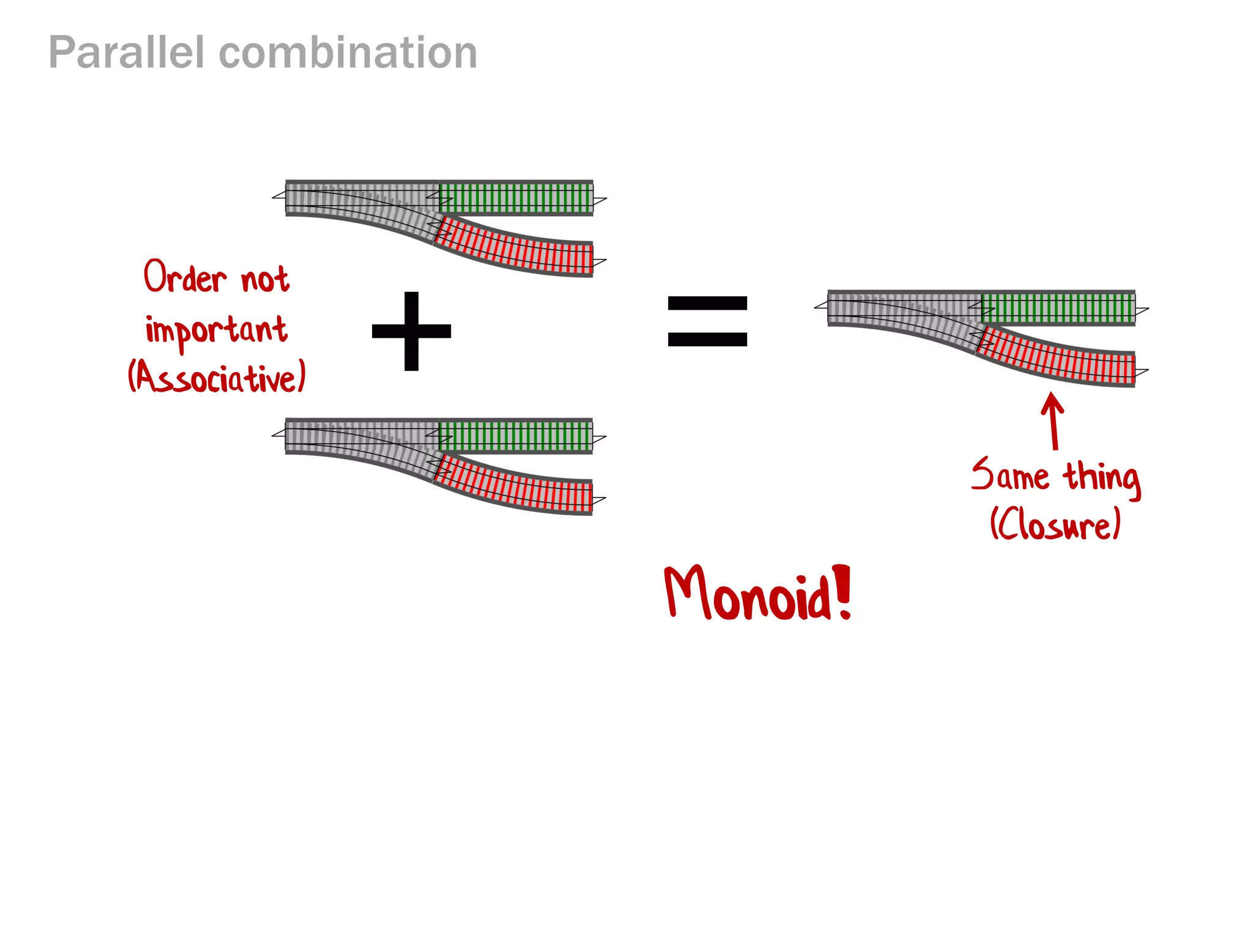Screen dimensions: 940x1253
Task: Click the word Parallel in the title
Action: coord(126,53)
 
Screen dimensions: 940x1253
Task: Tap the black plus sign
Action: coord(411,331)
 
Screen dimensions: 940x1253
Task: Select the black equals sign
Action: coord(707,321)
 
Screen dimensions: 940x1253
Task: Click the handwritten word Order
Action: coord(185,277)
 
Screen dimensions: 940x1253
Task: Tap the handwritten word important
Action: coord(216,330)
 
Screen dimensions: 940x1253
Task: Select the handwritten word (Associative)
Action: coord(217,377)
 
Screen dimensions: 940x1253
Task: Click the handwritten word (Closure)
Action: coord(1055,524)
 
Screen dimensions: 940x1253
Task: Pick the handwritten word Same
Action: coord(1009,476)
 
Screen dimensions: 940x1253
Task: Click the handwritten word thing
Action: coord(1101,477)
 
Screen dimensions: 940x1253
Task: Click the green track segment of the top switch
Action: coord(516,198)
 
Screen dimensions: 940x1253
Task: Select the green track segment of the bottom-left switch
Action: coord(516,436)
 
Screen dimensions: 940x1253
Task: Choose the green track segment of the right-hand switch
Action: coord(1058,308)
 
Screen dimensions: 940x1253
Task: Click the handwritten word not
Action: coord(264,280)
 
